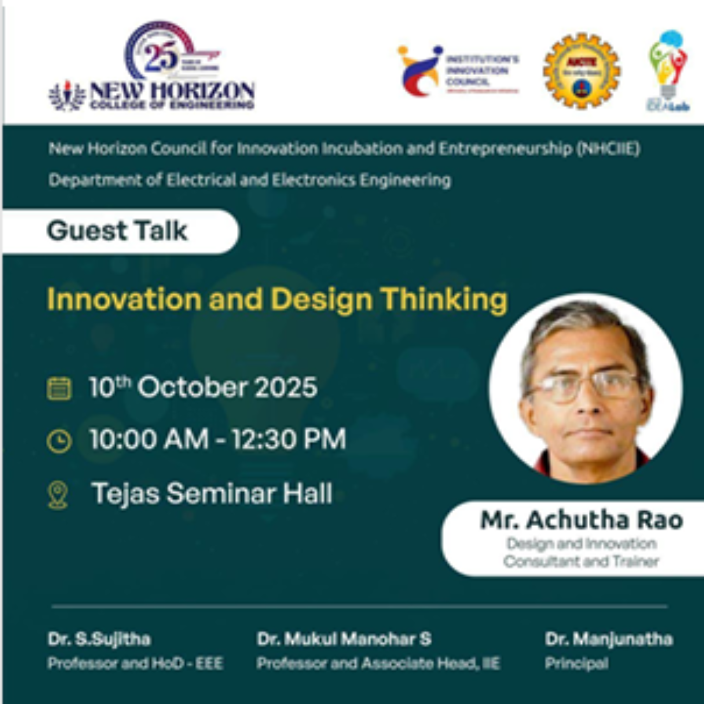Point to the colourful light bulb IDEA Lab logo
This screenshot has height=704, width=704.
[x=668, y=70]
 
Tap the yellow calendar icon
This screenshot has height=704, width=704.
[x=59, y=388]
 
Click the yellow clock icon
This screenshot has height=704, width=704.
[x=59, y=441]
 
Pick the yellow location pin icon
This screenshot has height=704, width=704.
[x=58, y=495]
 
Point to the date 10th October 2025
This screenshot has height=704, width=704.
[x=203, y=387]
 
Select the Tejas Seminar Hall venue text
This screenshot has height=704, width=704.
[x=211, y=493]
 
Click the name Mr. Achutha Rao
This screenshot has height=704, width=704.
[x=581, y=520]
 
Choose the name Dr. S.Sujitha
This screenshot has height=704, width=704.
[x=99, y=639]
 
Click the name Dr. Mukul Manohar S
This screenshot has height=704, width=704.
[x=344, y=639]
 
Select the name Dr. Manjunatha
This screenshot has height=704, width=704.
[x=609, y=639]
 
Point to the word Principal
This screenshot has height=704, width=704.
[x=576, y=663]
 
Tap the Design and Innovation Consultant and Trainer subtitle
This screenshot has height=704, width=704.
[x=581, y=553]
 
